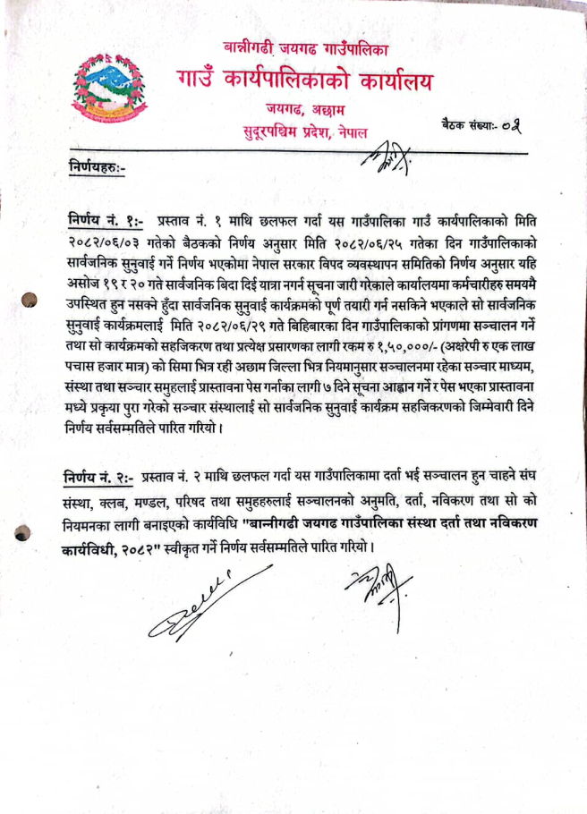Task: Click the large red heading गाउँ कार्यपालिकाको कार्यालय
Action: point(304,83)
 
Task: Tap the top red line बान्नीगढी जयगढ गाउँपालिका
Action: point(305,45)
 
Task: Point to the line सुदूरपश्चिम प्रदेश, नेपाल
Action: point(305,134)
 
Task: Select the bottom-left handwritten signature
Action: point(194,607)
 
